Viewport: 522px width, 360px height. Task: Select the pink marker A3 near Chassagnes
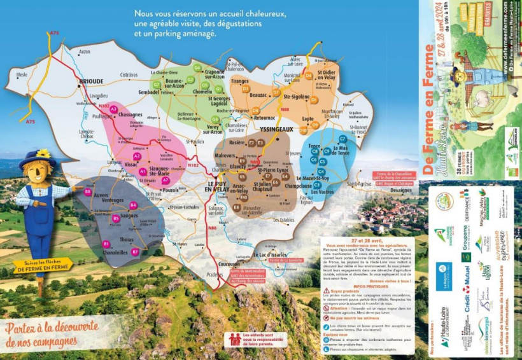pos(114,109)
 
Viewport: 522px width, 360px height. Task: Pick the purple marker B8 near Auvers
pos(88,191)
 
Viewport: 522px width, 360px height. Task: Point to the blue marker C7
pos(342,139)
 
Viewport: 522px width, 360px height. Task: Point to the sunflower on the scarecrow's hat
pos(43,153)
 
